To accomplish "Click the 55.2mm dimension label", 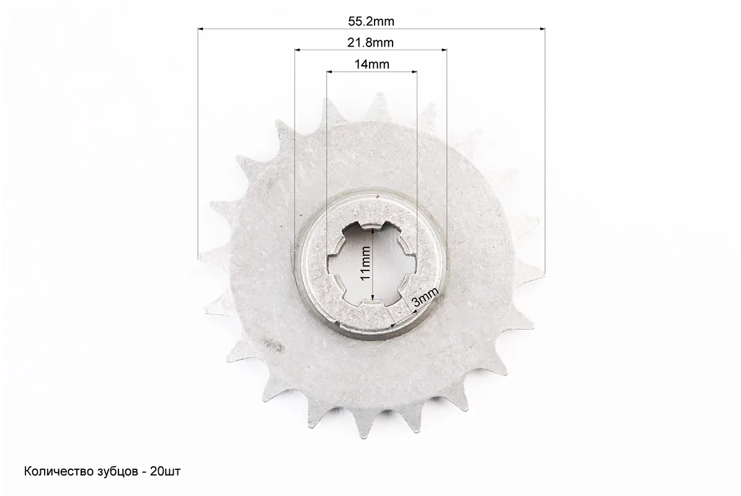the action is click(371, 21).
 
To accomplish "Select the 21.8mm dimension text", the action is click(371, 43).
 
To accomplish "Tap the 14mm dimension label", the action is click(372, 64).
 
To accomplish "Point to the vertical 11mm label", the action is click(365, 263).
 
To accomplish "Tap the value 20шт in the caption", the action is click(166, 471).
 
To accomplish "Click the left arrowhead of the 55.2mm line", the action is click(200, 29).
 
